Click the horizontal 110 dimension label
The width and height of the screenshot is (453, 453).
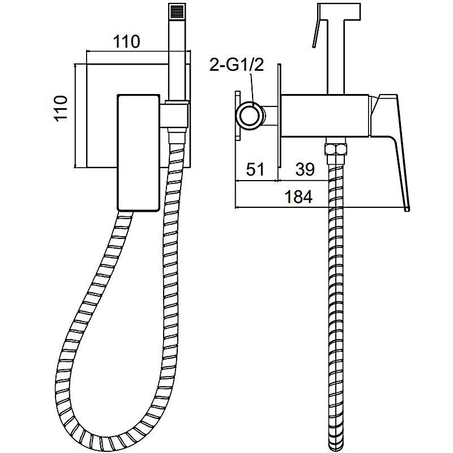[126, 41]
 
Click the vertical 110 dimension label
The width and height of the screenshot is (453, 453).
[61, 108]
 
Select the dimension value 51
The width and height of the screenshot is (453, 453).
[255, 169]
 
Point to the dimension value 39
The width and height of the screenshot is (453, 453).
[305, 169]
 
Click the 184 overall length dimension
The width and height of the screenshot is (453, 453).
[298, 197]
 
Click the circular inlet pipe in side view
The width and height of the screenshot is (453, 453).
[250, 115]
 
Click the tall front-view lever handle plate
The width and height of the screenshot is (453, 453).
[139, 152]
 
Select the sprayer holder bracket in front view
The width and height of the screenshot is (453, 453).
[175, 116]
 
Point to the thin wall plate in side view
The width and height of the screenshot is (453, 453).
[279, 116]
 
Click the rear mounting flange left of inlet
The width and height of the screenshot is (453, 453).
[238, 116]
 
